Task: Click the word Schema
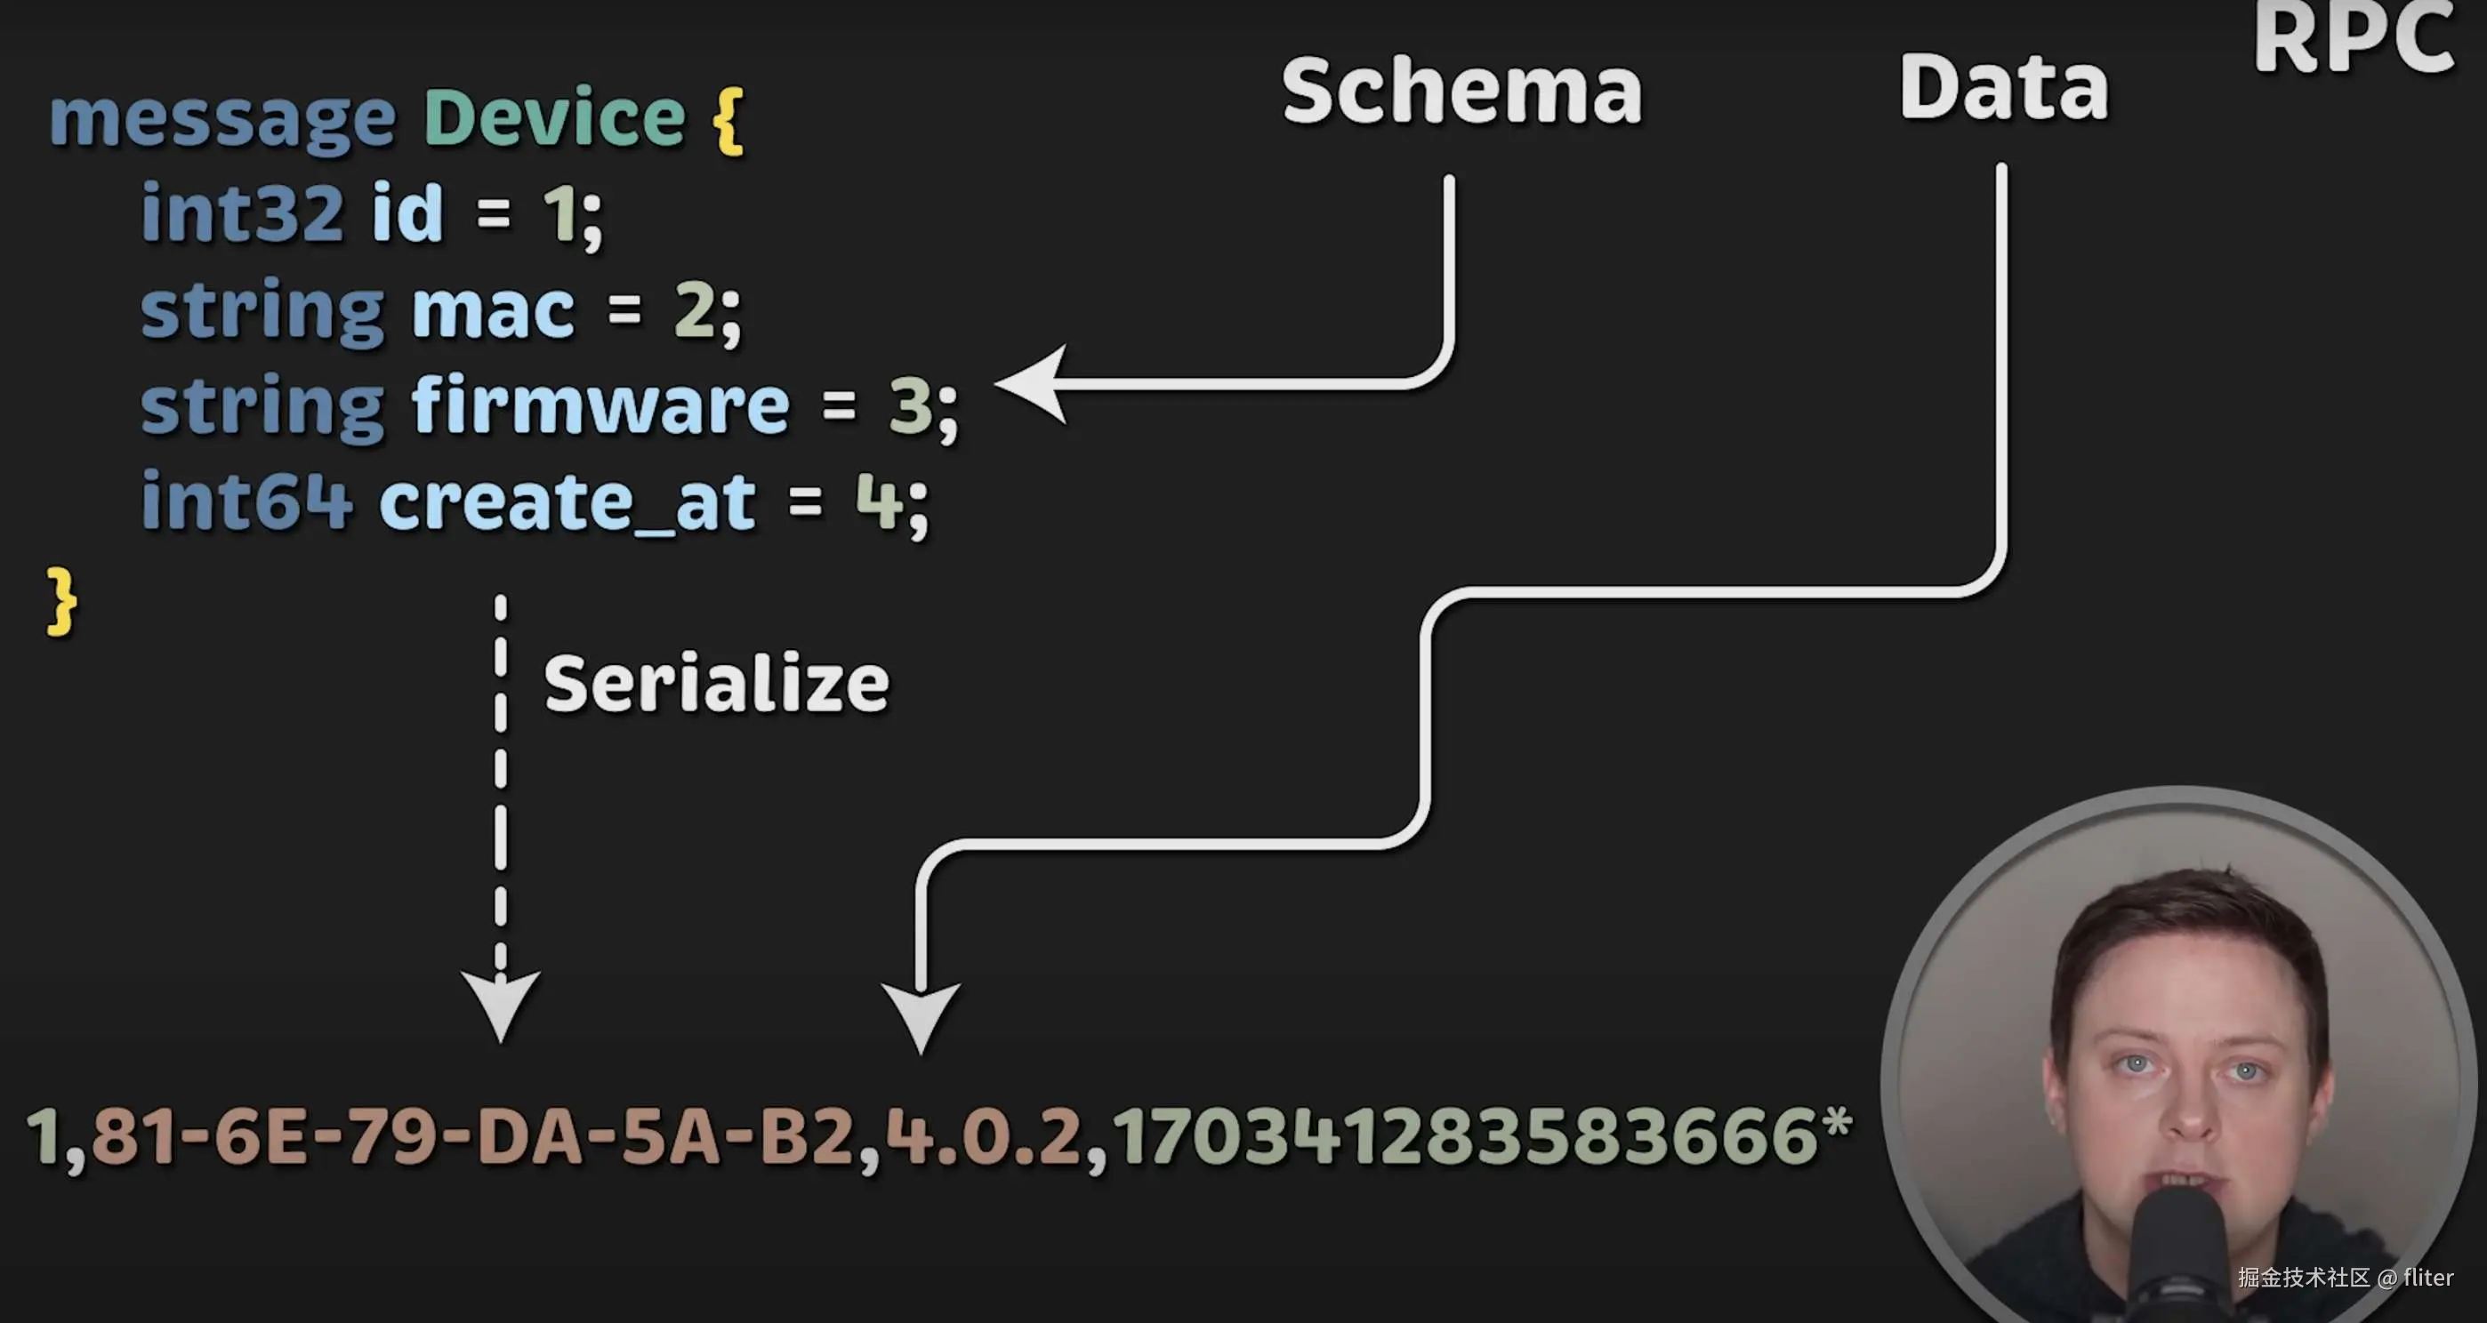[1461, 91]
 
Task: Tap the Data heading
[2003, 88]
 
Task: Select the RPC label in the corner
[2354, 38]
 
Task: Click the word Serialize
[716, 685]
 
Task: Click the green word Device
[554, 117]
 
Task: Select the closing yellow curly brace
[60, 600]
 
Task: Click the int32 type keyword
[242, 212]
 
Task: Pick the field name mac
[494, 310]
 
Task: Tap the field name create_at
[567, 501]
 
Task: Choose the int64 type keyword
[247, 501]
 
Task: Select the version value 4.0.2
[983, 1137]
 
